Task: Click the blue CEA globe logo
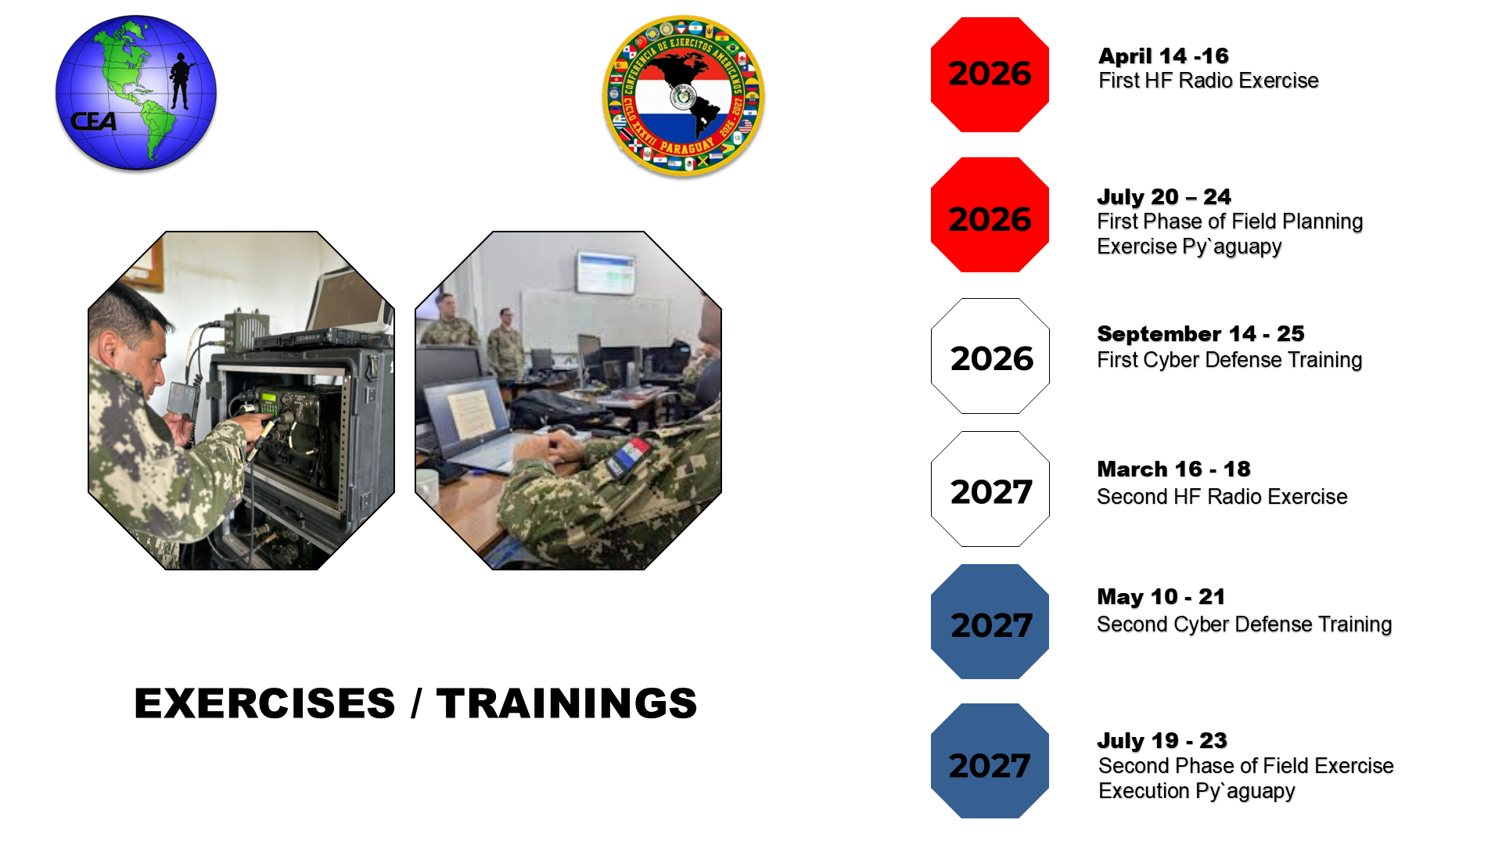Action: point(136,92)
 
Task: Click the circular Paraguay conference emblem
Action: point(684,96)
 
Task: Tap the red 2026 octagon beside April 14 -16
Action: point(990,74)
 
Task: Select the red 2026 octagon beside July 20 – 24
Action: point(990,215)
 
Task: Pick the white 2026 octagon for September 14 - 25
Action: point(990,356)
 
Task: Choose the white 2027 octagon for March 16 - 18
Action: point(990,489)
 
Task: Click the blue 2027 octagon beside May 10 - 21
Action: point(990,622)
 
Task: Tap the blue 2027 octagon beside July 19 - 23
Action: point(990,761)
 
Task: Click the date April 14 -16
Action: point(1163,56)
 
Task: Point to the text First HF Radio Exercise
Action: point(1209,81)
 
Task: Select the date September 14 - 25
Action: point(1201,334)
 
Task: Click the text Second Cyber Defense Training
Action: point(1244,624)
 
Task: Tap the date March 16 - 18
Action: point(1173,469)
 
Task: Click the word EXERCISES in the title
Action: point(265,703)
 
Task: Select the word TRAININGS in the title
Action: point(567,703)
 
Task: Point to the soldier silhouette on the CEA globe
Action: point(181,81)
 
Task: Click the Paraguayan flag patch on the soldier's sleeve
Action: point(629,458)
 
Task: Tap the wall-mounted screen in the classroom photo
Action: point(605,272)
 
